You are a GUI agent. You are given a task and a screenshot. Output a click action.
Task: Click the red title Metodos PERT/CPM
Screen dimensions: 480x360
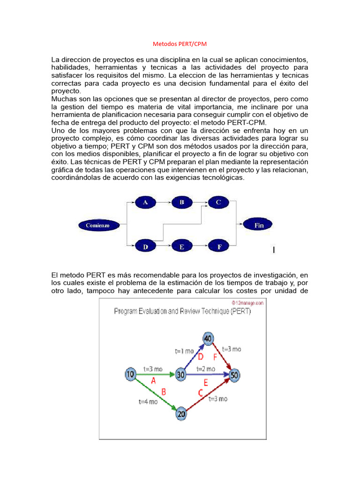180,44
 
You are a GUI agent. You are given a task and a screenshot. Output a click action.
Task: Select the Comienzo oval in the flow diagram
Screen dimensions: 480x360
97,225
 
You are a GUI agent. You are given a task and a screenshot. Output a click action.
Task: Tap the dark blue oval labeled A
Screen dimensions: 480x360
145,202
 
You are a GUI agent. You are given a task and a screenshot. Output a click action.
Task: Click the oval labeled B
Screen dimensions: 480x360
182,202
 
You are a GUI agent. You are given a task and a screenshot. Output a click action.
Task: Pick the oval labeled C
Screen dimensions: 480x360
218,202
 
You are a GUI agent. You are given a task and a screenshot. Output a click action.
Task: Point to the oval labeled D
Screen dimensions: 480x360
145,246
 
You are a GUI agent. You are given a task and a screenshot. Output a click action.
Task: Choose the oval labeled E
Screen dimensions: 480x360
182,246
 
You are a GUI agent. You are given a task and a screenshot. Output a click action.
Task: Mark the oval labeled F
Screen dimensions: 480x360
218,246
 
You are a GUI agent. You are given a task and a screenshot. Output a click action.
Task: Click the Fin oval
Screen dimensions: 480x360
259,225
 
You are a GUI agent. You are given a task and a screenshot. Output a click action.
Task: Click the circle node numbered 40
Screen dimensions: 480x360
209,337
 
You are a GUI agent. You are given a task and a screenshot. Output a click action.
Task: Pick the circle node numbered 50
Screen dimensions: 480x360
234,375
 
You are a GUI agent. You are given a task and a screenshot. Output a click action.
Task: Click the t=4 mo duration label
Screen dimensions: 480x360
148,401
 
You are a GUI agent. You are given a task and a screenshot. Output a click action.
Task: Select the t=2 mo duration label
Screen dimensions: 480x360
205,369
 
